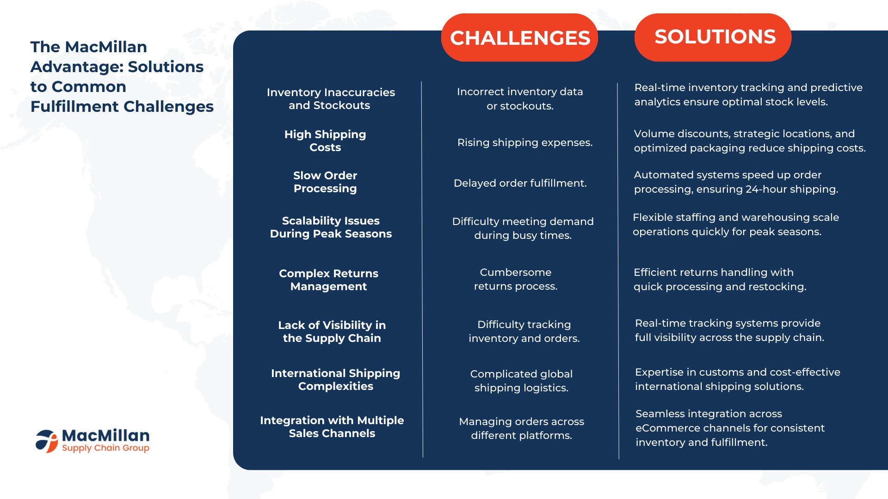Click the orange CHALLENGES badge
[519, 37]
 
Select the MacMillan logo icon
[47, 441]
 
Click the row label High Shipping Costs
[325, 141]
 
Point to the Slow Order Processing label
[325, 182]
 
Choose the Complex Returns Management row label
[329, 280]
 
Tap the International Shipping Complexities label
[336, 380]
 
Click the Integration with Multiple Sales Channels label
[332, 427]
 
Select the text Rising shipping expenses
[525, 142]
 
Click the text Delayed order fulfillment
[520, 183]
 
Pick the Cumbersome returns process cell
[516, 279]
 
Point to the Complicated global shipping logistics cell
[521, 381]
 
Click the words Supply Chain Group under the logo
[105, 448]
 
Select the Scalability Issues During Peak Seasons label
[331, 227]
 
